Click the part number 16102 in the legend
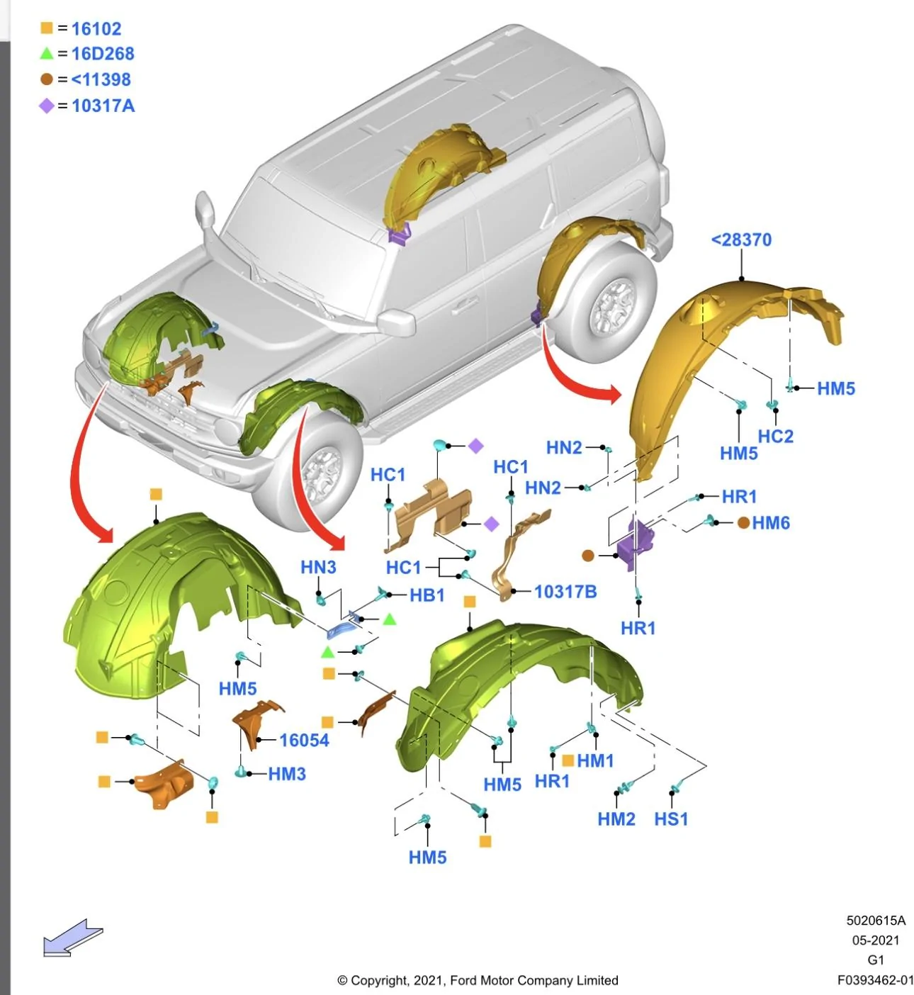tap(96, 29)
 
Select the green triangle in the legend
tap(47, 53)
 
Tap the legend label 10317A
tap(103, 106)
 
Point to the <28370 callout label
tap(741, 240)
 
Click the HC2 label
tap(775, 436)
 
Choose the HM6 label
tap(770, 522)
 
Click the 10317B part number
tap(565, 591)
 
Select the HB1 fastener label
tap(427, 595)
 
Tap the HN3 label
tap(318, 566)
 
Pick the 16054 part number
tap(304, 740)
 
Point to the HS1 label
tap(670, 819)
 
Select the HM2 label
tap(616, 819)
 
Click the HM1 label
tap(595, 760)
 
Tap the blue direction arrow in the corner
tap(73, 937)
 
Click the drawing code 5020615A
tap(875, 921)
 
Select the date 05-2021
tap(875, 940)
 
